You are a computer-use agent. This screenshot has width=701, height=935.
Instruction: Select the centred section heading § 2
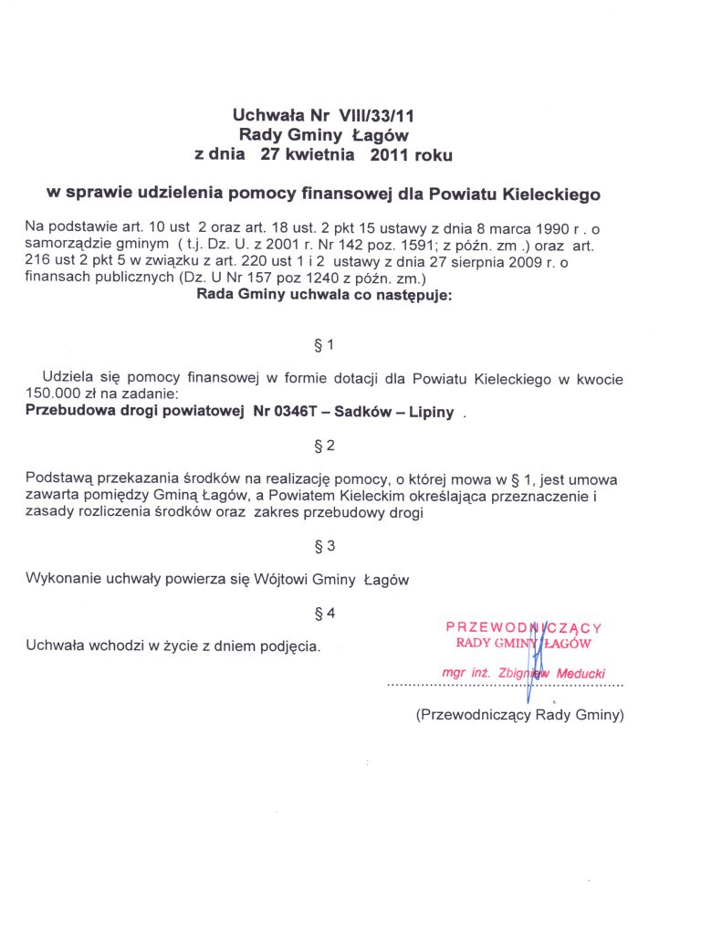click(x=325, y=446)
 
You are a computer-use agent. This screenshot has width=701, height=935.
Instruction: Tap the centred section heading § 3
click(x=325, y=546)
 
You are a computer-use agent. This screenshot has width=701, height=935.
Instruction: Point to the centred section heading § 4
click(x=325, y=613)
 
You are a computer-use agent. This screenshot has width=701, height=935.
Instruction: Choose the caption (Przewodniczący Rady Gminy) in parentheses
click(x=519, y=715)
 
